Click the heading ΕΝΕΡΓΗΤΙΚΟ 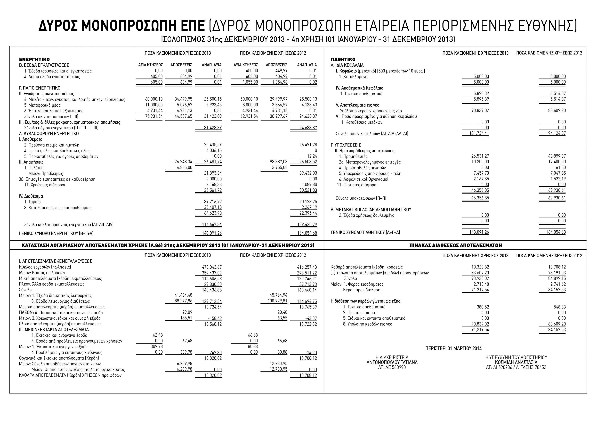coord(34,60)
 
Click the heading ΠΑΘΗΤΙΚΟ coord(343,60)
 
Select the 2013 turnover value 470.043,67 coord(212,267)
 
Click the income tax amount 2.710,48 coord(480,284)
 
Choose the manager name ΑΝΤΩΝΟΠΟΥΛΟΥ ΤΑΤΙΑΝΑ coord(392,362)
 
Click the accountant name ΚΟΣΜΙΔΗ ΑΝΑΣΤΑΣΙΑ coord(516,362)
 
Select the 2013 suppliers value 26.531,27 coord(480,156)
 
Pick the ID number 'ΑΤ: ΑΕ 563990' coord(392,367)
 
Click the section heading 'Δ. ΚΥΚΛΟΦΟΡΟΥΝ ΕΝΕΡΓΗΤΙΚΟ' coord(49,134)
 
